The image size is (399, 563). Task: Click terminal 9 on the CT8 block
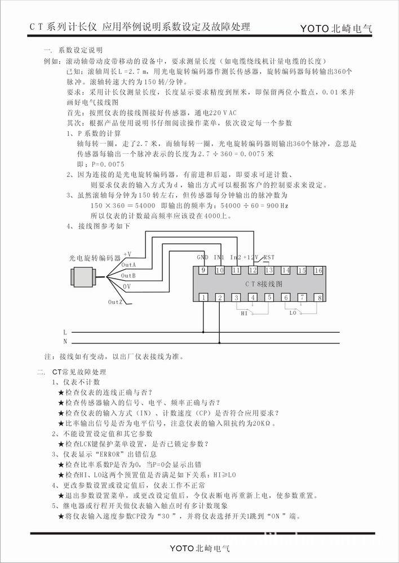tap(203, 271)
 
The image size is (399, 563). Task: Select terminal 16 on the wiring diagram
tap(318, 271)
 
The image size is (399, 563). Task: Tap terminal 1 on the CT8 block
tap(203, 297)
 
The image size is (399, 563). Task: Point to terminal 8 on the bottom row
tap(319, 297)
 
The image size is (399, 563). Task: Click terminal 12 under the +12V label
tap(252, 271)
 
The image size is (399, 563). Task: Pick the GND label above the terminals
tap(203, 257)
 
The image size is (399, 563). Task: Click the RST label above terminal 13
tap(269, 257)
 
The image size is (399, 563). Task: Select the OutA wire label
tap(128, 265)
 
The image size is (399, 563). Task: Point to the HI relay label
tap(243, 313)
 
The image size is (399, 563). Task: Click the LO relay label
tap(293, 313)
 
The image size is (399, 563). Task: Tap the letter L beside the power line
tap(65, 332)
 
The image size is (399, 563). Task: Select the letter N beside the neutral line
tap(65, 341)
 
